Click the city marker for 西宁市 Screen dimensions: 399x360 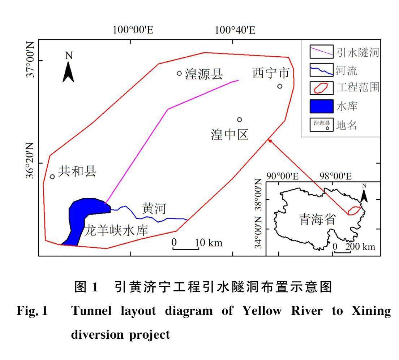pyautogui.click(x=280, y=86)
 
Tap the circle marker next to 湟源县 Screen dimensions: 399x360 pyautogui.click(x=179, y=73)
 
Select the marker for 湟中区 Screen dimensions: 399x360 pyautogui.click(x=240, y=120)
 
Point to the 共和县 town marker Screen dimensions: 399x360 pyautogui.click(x=52, y=177)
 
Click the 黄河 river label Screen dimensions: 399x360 pyautogui.click(x=154, y=209)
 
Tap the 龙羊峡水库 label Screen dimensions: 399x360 pyautogui.click(x=116, y=230)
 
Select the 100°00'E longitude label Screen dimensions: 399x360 pyautogui.click(x=133, y=30)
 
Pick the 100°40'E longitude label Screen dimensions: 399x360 pyautogui.click(x=235, y=30)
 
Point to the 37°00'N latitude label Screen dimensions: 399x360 pyautogui.click(x=30, y=59)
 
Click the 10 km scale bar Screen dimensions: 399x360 pyautogui.click(x=186, y=248)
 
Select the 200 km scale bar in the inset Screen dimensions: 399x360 pyautogui.click(x=343, y=252)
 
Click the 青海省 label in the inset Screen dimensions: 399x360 pyautogui.click(x=317, y=219)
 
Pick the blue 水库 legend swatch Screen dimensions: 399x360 pyautogui.click(x=322, y=106)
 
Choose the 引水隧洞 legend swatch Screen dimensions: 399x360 pyautogui.click(x=322, y=52)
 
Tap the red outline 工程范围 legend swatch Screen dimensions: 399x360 pyautogui.click(x=322, y=88)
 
